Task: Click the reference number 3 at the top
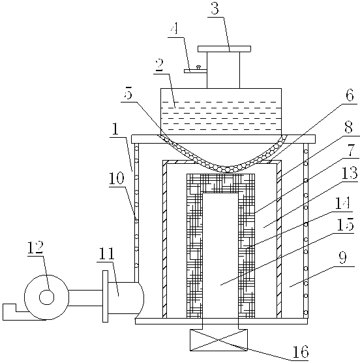[215, 9]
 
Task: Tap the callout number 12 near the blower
[35, 247]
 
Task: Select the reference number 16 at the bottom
[301, 352]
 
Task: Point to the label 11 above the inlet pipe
[107, 254]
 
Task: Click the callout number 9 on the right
[342, 257]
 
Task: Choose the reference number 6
[350, 95]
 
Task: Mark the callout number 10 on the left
[116, 178]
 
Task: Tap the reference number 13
[350, 173]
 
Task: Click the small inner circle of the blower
[47, 297]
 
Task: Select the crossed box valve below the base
[218, 340]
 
